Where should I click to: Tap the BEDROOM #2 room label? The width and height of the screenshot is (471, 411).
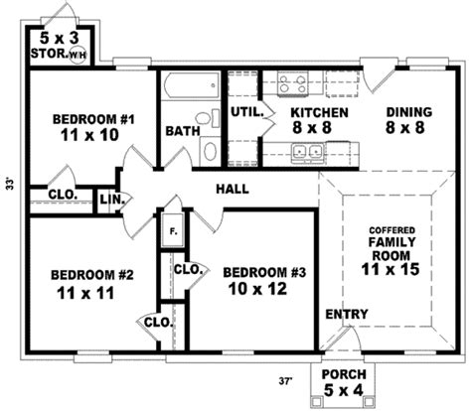coord(84,275)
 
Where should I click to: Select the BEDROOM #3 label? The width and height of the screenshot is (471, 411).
coord(257,273)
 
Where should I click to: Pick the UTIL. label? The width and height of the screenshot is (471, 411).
coord(244,112)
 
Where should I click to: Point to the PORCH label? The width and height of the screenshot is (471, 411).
coord(345,374)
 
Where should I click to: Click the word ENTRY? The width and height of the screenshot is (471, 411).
coord(348,315)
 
